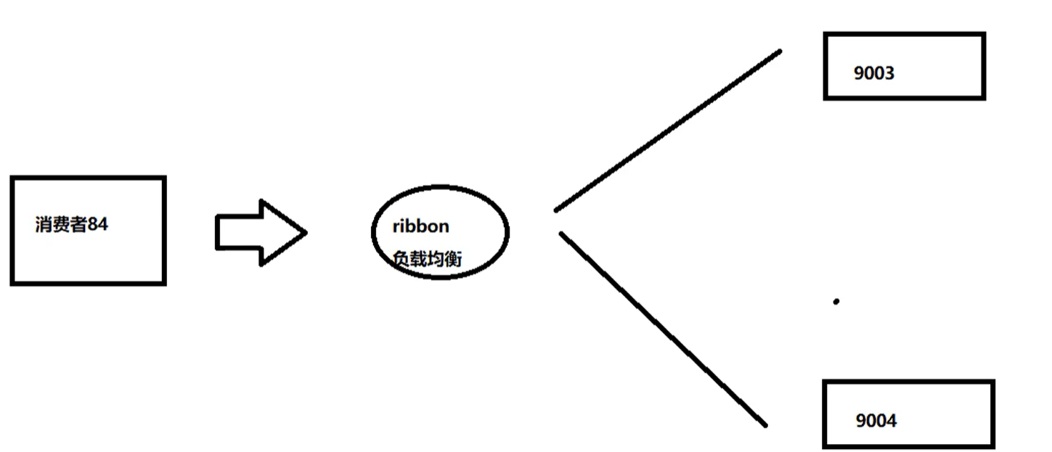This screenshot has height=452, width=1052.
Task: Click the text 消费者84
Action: [x=71, y=225]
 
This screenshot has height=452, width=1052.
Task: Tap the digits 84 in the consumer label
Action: [x=97, y=225]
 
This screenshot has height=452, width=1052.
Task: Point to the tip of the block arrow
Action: [x=305, y=233]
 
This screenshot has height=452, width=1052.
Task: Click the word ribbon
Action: [x=420, y=226]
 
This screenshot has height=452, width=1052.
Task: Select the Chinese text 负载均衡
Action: [x=427, y=258]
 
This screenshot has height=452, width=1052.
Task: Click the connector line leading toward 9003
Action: [x=668, y=131]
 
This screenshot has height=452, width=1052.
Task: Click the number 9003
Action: [x=874, y=73]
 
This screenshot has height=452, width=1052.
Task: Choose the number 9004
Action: [x=876, y=421]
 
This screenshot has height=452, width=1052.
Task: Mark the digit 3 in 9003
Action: [x=889, y=73]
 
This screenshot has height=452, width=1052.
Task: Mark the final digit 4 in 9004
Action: [x=892, y=421]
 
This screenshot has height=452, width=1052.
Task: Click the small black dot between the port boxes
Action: [x=836, y=301]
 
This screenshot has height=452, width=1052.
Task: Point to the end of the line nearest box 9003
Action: [x=779, y=52]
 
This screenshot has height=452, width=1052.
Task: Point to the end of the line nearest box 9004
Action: [x=764, y=425]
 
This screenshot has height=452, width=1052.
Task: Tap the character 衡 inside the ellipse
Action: [x=453, y=258]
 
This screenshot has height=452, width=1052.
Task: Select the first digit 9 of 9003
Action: [x=860, y=73]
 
